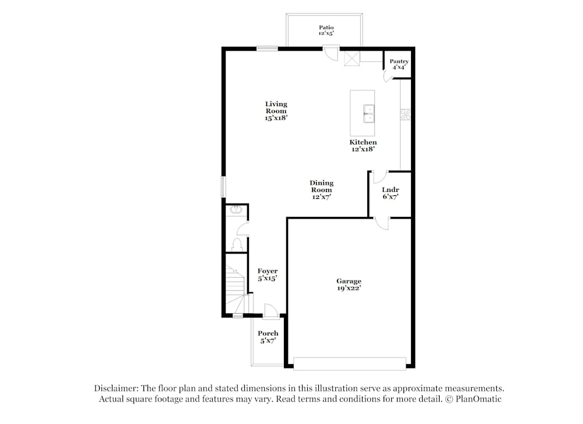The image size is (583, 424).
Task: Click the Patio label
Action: coord(326,30)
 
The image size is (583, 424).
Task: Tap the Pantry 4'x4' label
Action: coord(399,64)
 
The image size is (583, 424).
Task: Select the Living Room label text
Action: coord(276,111)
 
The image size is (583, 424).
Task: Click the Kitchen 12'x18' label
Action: coord(363,145)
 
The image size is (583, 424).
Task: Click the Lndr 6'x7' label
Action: coord(390,193)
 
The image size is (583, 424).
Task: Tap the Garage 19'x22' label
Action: coord(349,285)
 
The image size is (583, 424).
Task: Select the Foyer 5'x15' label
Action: coord(268,275)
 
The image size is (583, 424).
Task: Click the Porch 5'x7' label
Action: coord(268,337)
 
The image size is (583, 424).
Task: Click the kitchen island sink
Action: coord(368,113)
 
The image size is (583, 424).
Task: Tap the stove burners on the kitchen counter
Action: coord(405,114)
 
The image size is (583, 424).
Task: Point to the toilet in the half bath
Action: coord(237,244)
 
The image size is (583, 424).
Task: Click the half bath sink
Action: coord(237,211)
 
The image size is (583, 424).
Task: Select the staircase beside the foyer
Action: coord(236,286)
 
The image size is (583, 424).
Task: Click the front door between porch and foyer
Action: coord(270,312)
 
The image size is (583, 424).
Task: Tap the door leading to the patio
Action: coord(331,54)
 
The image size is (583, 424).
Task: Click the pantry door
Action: coord(388,76)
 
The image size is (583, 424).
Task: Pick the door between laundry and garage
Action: coord(381,222)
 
